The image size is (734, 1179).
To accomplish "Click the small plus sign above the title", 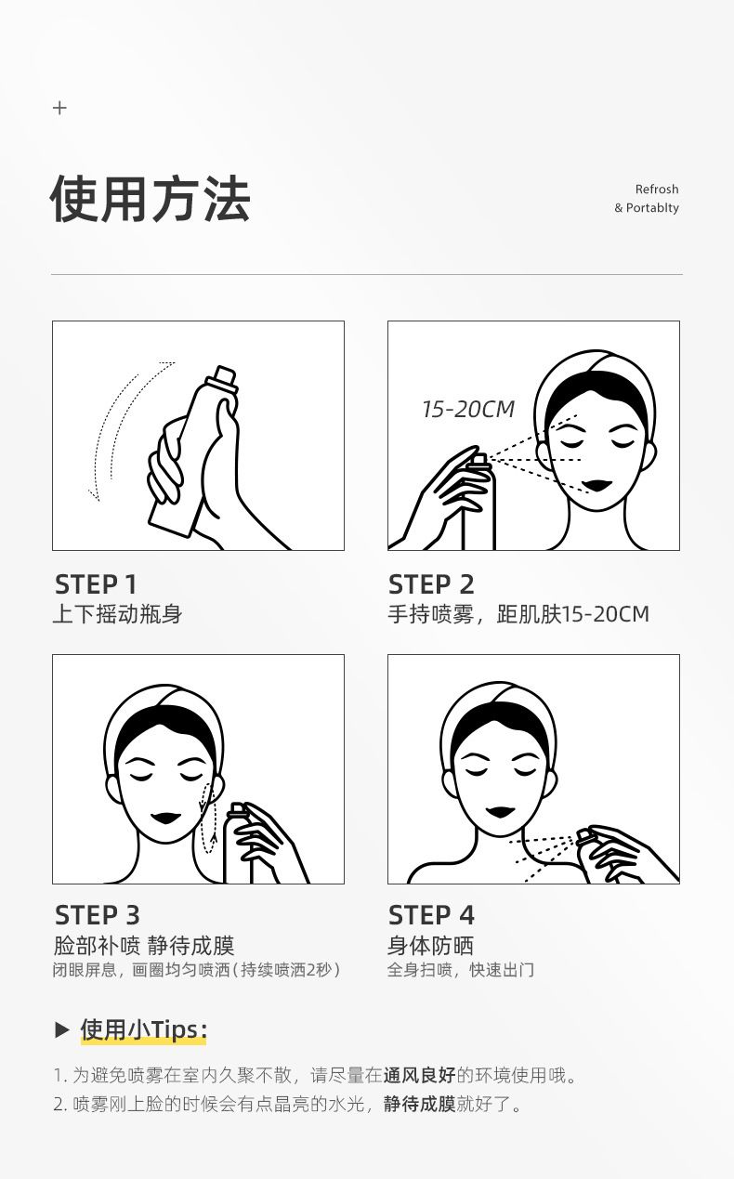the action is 60,108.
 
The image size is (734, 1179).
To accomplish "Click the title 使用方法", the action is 151,199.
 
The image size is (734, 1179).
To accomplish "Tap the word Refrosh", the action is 657,189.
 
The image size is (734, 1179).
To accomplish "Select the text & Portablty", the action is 647,208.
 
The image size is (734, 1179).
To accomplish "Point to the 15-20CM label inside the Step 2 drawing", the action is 468,410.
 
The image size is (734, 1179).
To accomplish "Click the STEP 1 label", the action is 96,584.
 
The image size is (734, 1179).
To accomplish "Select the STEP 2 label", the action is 431,584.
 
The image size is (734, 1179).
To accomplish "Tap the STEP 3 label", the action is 98,915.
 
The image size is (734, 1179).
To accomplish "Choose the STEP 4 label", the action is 431,915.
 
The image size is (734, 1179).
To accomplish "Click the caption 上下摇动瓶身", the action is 117,614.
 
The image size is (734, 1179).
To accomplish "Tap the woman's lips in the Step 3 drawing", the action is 166,819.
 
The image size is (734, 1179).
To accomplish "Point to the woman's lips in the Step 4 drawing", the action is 501,812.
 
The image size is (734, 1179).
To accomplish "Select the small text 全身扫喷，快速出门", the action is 461,970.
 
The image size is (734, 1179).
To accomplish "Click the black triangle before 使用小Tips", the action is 62,1029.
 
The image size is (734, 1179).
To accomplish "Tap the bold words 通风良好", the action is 419,1075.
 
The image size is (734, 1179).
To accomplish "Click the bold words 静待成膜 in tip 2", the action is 419,1104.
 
